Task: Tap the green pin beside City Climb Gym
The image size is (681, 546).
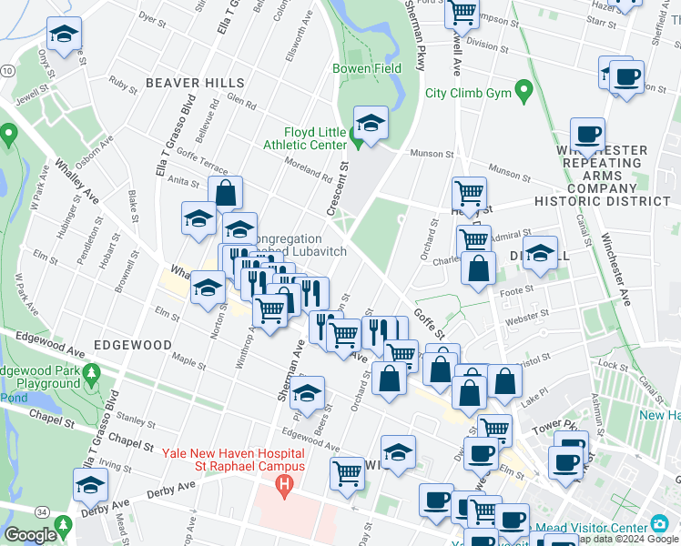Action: tap(523, 91)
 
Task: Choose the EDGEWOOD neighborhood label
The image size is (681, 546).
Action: tap(132, 346)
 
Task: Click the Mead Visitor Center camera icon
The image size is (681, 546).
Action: tap(658, 525)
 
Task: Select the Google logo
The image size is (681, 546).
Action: tap(30, 535)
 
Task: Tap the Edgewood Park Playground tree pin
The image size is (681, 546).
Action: tap(91, 373)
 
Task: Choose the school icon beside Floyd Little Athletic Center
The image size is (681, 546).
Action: tap(371, 122)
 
